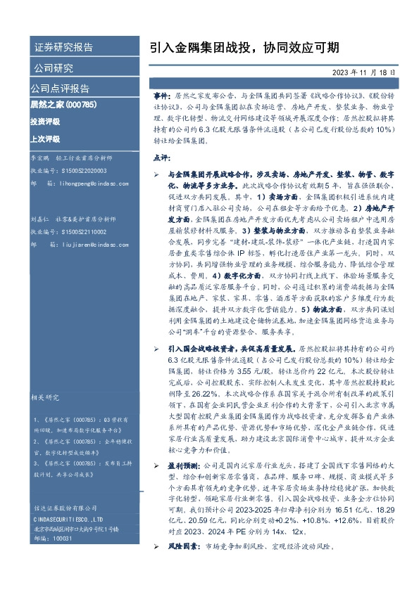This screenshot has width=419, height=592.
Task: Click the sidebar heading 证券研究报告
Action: tap(63, 48)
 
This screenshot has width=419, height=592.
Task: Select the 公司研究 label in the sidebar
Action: tap(54, 68)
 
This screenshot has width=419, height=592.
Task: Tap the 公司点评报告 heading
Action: tap(59, 89)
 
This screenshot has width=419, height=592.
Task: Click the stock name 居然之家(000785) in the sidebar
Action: tap(62, 105)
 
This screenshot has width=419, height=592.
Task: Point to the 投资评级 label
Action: tap(45, 122)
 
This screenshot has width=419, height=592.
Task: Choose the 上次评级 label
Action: tap(45, 139)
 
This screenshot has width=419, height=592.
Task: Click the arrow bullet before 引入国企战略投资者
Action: tap(156, 348)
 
